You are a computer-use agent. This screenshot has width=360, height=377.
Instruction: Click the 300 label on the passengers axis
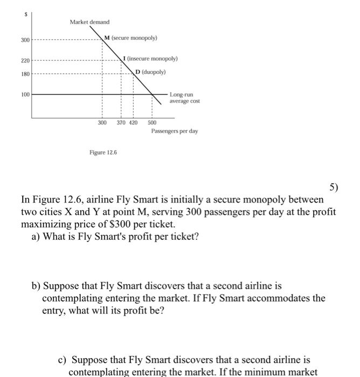(102, 123)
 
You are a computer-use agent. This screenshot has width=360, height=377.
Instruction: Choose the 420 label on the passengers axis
(133, 123)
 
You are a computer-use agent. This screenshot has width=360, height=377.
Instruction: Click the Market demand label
(89, 22)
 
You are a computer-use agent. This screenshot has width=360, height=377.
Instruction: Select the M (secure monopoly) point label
(131, 38)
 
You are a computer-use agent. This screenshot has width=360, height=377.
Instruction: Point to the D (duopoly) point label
(151, 71)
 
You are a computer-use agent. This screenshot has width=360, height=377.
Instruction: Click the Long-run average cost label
(184, 97)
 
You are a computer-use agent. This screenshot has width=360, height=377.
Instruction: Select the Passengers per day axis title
(174, 131)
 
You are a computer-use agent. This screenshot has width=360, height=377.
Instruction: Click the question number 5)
(334, 187)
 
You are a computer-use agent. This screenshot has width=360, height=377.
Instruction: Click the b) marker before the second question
(36, 285)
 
